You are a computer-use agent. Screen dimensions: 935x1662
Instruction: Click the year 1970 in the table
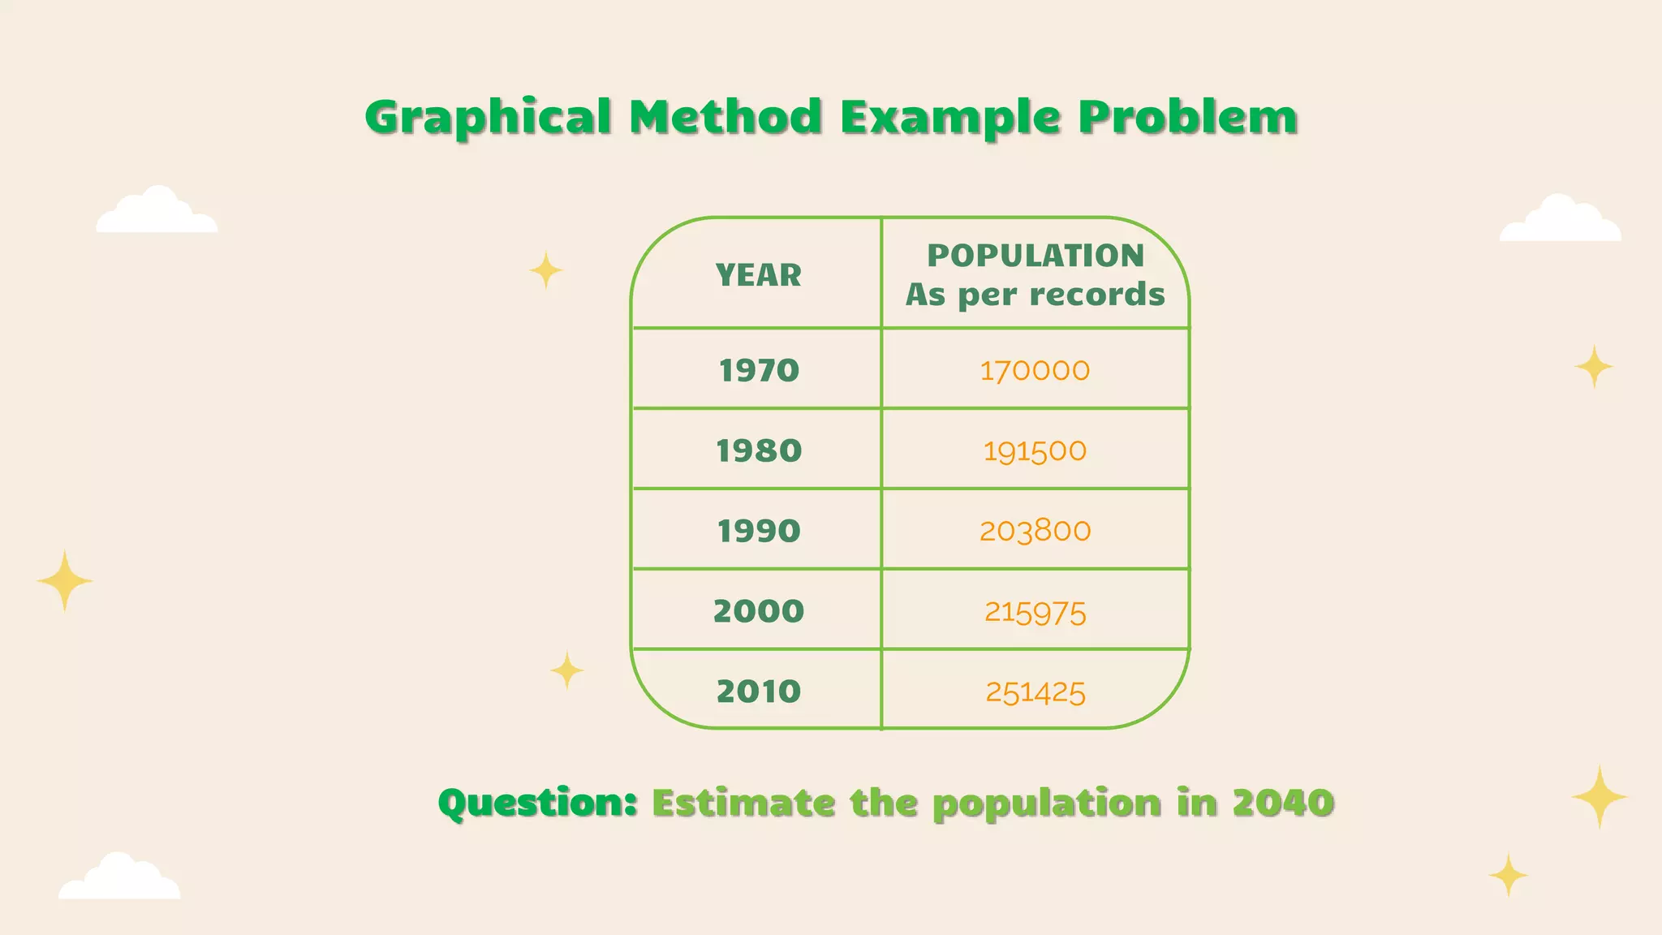click(x=759, y=371)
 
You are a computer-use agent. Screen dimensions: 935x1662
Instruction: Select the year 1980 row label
click(x=759, y=451)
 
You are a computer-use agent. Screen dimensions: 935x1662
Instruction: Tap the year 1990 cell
click(x=759, y=532)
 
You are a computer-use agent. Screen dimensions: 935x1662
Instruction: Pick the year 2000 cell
click(x=759, y=611)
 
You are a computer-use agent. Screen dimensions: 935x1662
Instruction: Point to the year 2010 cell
click(x=759, y=692)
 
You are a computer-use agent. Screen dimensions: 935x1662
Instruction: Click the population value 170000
click(x=1035, y=371)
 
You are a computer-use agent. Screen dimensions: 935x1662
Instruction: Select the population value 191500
click(x=1035, y=451)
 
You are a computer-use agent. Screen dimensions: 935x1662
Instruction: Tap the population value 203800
click(x=1035, y=532)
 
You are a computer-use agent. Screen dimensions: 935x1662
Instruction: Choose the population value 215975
click(x=1035, y=612)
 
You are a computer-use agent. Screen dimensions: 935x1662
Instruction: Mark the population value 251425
click(x=1035, y=692)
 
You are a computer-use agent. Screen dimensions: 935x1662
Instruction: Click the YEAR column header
click(x=759, y=276)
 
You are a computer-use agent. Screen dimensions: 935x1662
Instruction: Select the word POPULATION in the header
click(x=1036, y=256)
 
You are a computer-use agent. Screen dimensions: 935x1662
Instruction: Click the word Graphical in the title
click(x=488, y=118)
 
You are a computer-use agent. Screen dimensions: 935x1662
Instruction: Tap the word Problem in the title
click(x=1187, y=118)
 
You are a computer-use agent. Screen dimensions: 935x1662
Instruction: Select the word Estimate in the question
click(x=743, y=804)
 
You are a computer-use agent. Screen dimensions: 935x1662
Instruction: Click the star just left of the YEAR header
click(x=546, y=269)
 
